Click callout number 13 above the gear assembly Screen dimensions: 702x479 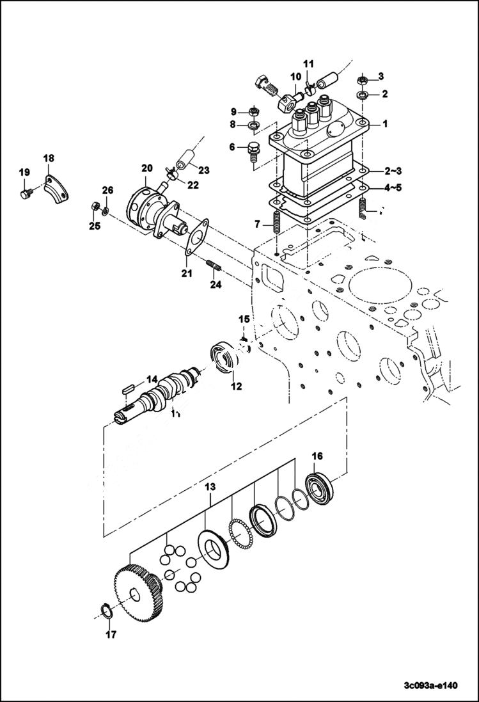pos(210,488)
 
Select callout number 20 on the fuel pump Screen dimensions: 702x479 pos(146,168)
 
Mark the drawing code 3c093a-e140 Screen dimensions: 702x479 pos(430,686)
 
